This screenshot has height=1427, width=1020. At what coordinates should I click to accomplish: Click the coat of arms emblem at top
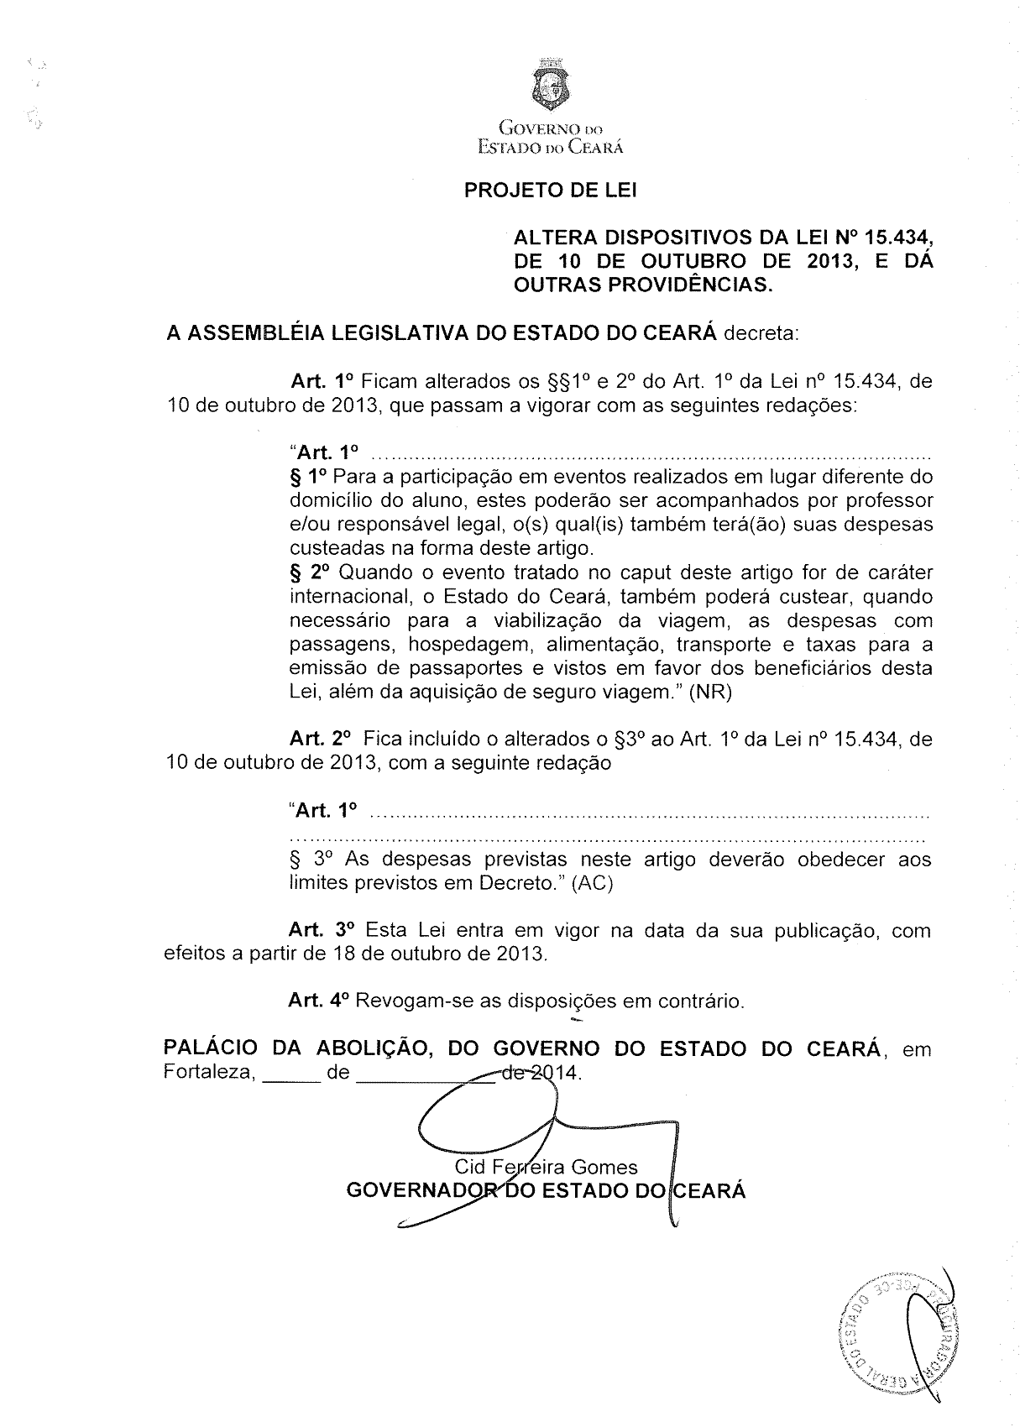click(550, 84)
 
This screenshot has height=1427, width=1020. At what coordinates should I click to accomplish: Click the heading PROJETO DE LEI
click(550, 191)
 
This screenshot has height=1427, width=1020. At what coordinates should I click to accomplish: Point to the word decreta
click(761, 333)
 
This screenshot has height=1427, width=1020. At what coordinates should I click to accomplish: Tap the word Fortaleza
click(207, 1073)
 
